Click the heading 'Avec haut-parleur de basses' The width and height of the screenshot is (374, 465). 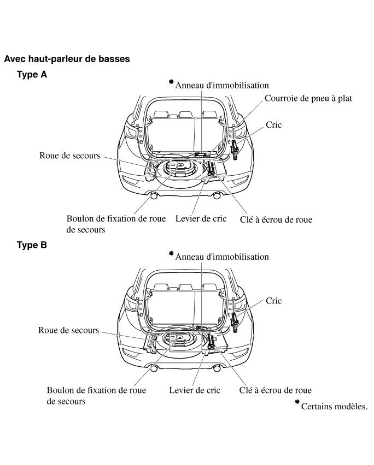[67, 58]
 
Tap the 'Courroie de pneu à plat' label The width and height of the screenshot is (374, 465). [308, 99]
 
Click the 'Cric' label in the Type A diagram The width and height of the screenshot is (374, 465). [273, 125]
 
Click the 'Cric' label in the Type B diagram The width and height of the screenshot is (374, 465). [273, 301]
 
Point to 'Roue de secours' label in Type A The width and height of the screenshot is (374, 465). [70, 156]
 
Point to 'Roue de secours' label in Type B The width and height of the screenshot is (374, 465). [68, 330]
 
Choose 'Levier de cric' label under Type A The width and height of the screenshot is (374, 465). [201, 219]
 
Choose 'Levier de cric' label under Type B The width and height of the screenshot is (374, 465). [195, 390]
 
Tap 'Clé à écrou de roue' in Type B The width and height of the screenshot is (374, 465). [276, 390]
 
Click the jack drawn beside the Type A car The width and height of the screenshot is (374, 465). [236, 148]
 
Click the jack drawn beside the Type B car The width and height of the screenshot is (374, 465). [236, 321]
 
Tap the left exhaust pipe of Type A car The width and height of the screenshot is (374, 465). [154, 195]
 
